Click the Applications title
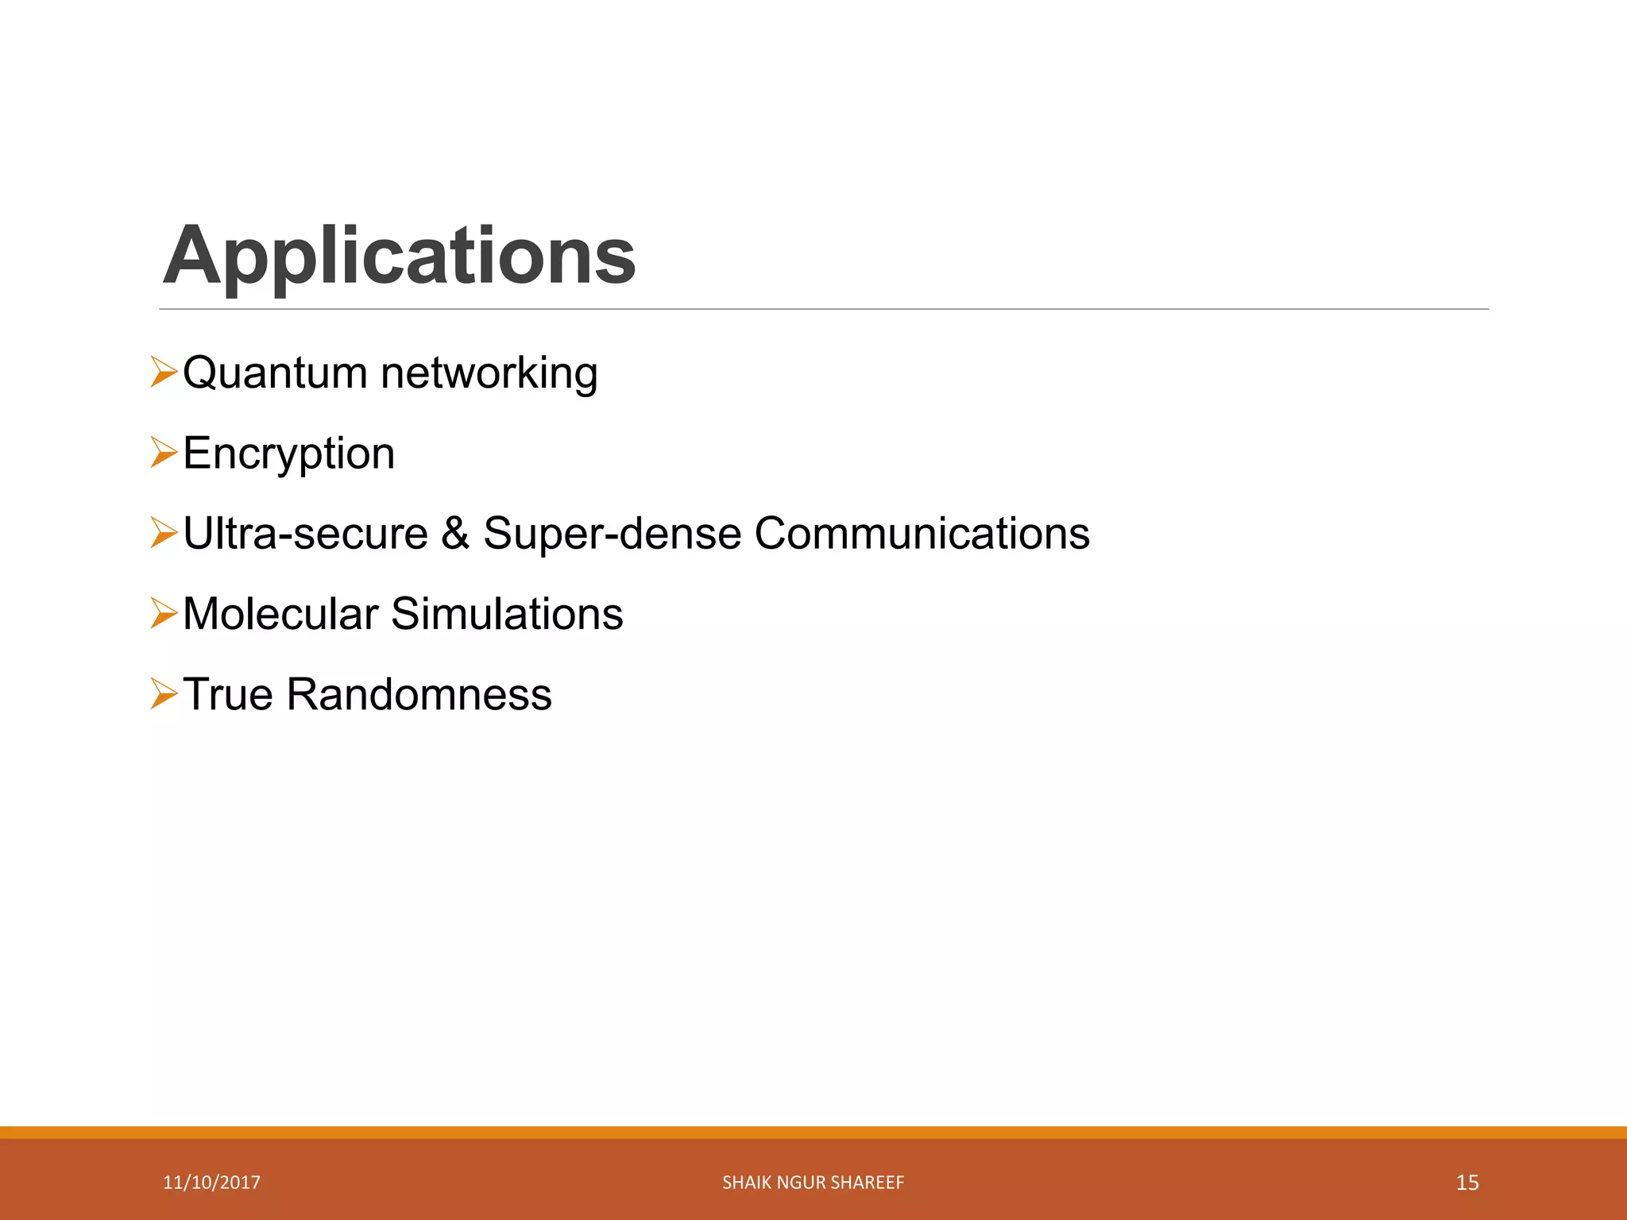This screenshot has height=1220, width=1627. point(399,256)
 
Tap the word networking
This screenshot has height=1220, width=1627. point(489,374)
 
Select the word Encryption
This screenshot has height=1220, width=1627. point(288,454)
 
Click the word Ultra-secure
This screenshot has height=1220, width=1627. point(305,533)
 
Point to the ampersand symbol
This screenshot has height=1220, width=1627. point(455,533)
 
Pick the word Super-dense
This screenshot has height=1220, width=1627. point(613,533)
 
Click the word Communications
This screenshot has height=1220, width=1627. point(922,533)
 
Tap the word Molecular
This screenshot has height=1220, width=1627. point(280,614)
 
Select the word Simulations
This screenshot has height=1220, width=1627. point(507,614)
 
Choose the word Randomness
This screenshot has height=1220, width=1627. point(419,694)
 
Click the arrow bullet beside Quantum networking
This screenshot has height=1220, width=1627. point(163,373)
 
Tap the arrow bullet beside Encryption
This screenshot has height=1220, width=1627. point(163,454)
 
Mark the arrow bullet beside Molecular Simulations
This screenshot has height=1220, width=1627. point(163,614)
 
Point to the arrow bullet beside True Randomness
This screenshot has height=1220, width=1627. point(163,694)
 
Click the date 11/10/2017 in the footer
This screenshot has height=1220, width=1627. point(211,1183)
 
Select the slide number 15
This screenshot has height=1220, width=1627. point(1467,1183)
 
